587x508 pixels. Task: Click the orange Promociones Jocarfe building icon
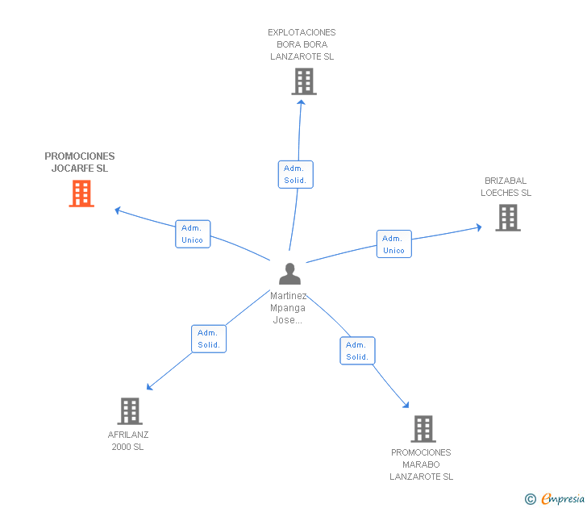pos(81,194)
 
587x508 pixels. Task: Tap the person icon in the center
pos(289,274)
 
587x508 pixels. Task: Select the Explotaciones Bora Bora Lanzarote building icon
pos(303,81)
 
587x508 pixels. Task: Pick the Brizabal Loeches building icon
pos(507,218)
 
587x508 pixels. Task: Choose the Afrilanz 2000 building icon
pos(129,410)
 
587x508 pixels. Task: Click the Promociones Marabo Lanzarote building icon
pos(423,429)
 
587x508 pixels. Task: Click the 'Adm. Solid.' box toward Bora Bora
pos(295,174)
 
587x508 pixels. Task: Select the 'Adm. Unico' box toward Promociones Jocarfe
pos(193,234)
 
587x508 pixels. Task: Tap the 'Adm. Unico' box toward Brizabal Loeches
pos(393,244)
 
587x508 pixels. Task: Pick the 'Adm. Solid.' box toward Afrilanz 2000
pos(209,339)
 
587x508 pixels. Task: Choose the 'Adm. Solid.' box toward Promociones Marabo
pos(357,351)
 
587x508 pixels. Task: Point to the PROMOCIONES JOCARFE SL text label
pos(80,162)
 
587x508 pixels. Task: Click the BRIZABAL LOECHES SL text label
pos(506,187)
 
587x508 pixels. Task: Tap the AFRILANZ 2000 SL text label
pos(128,440)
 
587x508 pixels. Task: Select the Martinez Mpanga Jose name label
pos(288,308)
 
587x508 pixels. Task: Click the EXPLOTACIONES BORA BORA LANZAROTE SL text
pos(302,45)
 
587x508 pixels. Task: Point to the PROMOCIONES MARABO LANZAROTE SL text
pos(421,464)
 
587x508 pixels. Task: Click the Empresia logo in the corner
pos(556,499)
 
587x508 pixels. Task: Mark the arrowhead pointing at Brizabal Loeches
pos(479,227)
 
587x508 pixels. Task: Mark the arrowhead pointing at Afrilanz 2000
pos(149,387)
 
